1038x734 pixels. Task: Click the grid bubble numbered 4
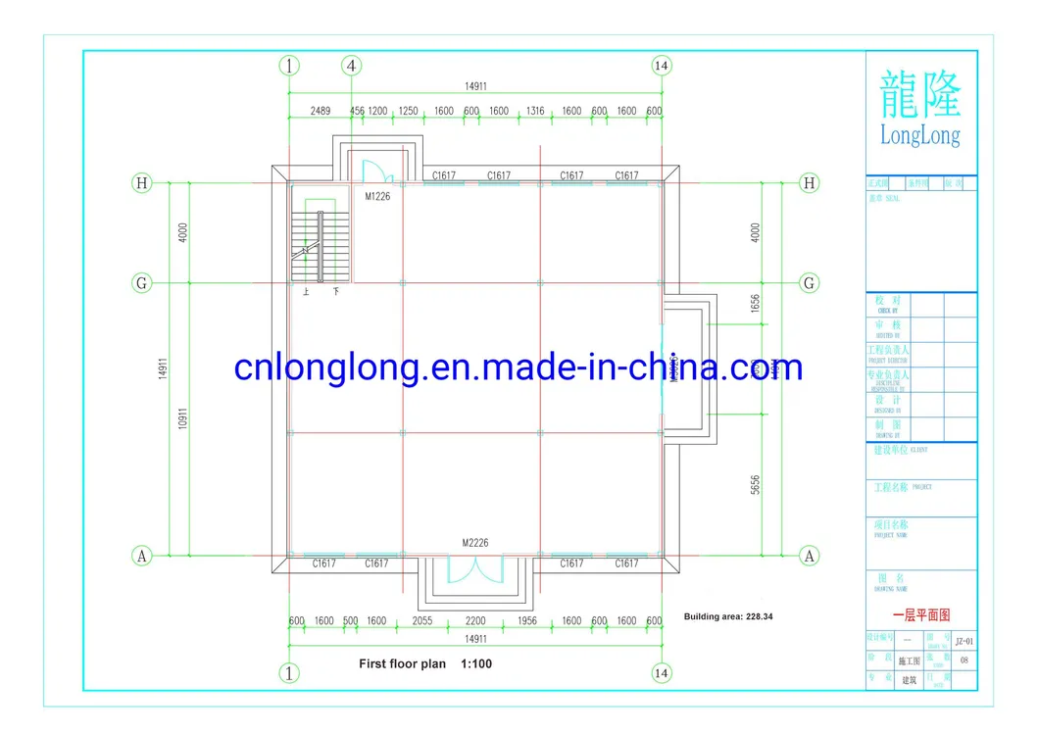click(x=351, y=66)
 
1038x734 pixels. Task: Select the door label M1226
click(x=378, y=196)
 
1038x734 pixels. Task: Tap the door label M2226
click(x=475, y=542)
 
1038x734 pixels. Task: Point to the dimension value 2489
click(x=320, y=111)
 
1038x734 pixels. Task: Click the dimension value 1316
click(x=535, y=111)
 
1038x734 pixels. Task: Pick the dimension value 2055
click(x=420, y=621)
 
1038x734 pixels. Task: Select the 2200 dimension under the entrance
click(x=475, y=621)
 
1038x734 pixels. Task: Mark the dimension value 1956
click(x=527, y=621)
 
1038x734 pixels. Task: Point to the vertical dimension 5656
click(x=755, y=486)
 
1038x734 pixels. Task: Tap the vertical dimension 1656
click(x=755, y=304)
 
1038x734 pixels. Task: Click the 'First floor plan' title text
click(x=402, y=663)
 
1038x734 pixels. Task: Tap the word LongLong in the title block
click(x=919, y=134)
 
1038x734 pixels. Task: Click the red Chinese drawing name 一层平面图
click(x=920, y=615)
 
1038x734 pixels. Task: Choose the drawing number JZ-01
click(x=963, y=641)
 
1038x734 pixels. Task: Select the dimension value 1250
click(x=409, y=111)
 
